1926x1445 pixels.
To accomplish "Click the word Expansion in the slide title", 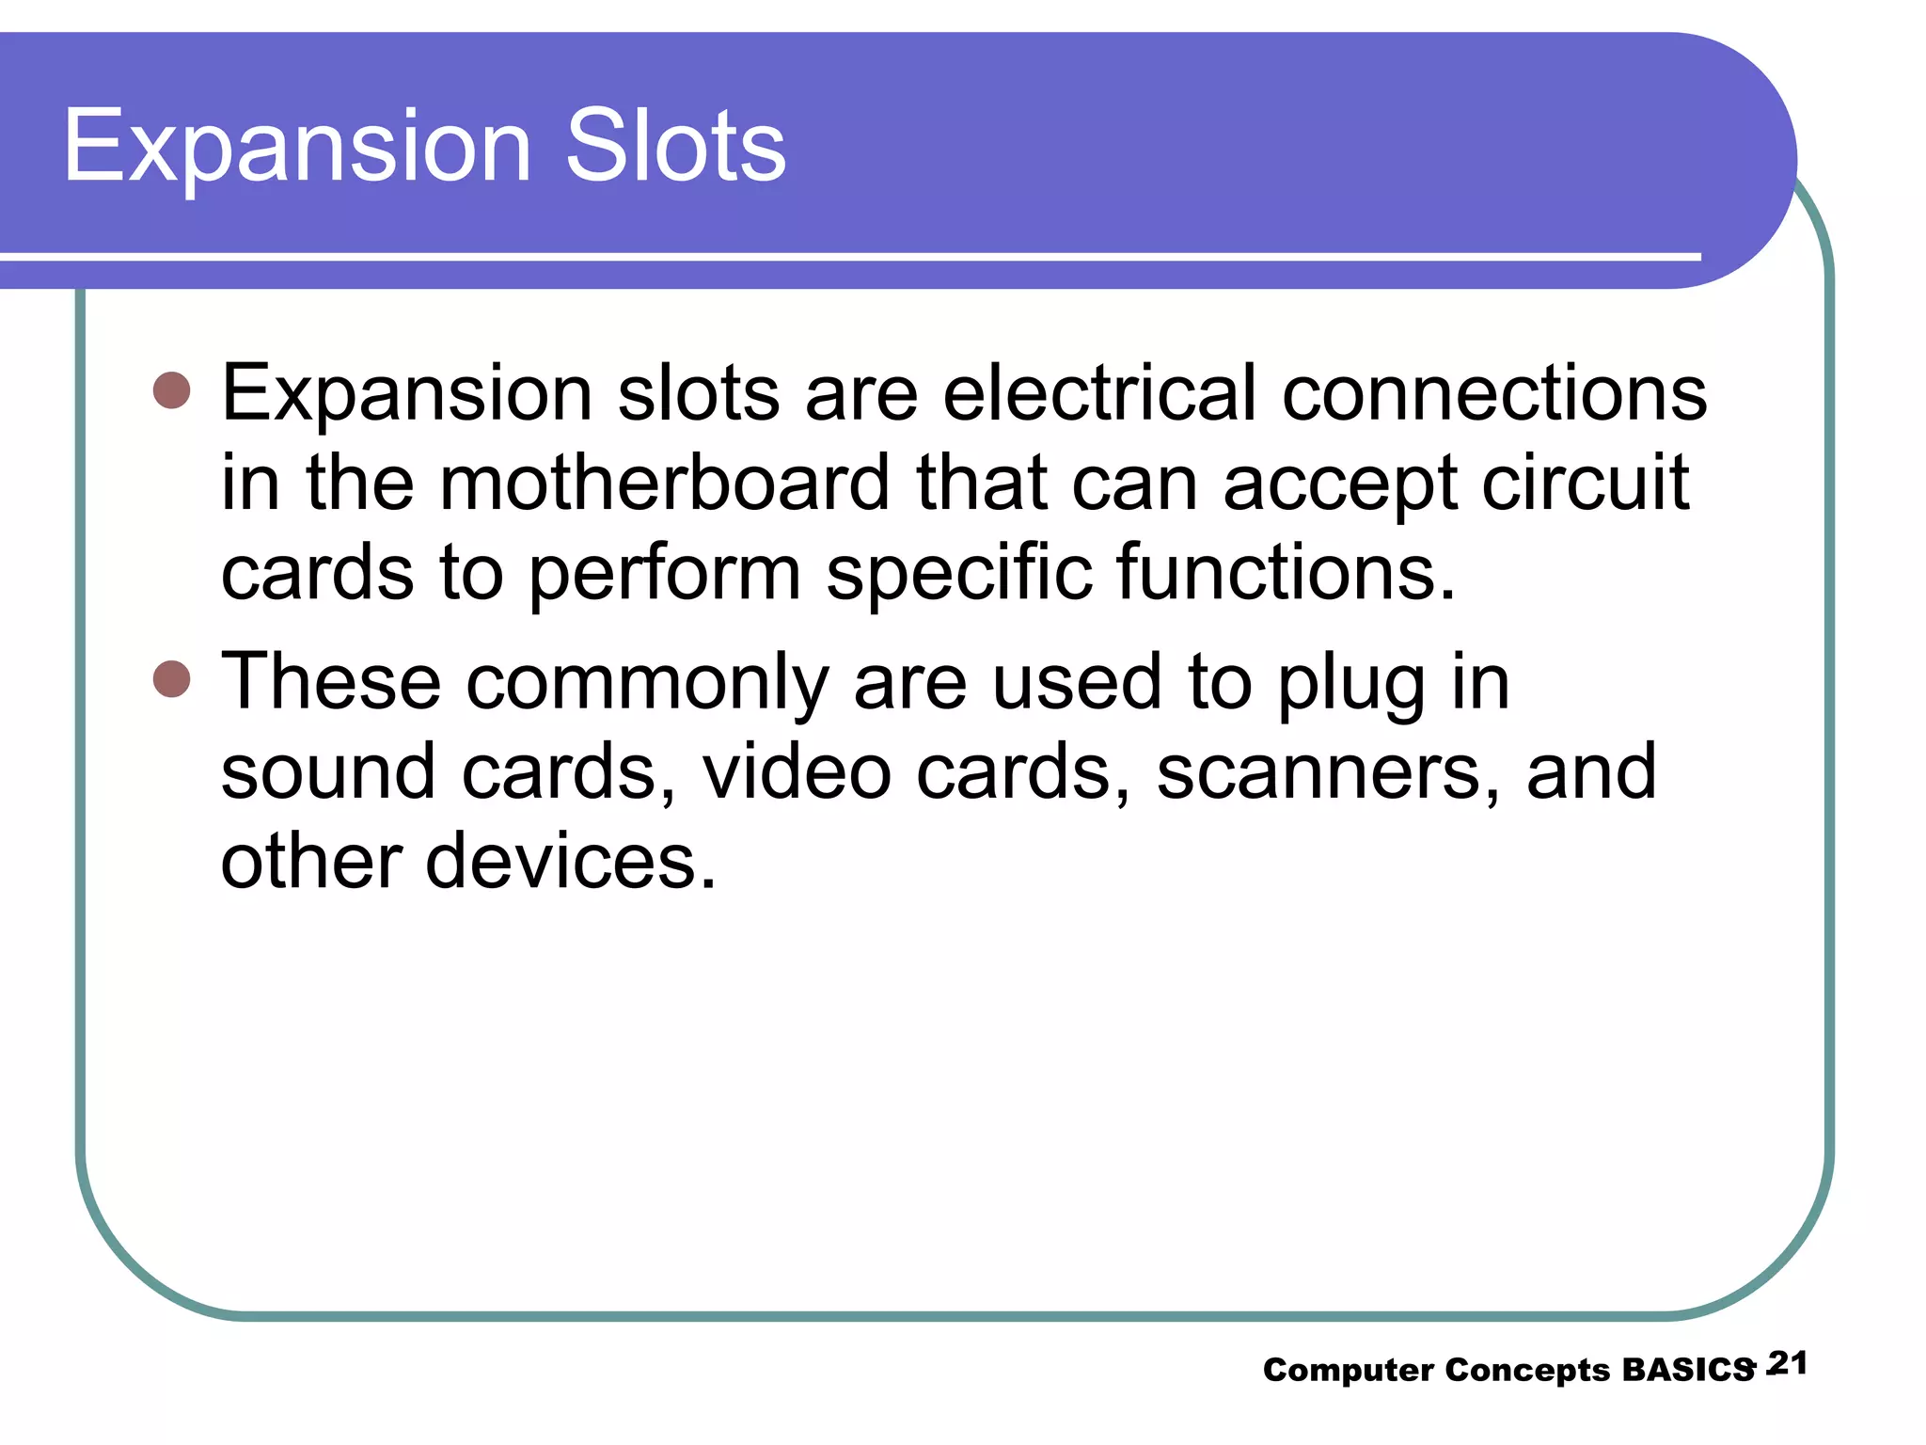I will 297,146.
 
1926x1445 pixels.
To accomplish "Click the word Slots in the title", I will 675,146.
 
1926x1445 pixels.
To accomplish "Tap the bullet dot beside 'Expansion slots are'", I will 171,389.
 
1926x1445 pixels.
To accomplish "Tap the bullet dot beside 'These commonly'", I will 171,678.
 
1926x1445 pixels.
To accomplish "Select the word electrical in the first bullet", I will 1099,392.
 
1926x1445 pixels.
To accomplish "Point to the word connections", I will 1494,392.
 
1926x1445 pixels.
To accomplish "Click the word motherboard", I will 664,483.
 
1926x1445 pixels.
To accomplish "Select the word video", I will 797,771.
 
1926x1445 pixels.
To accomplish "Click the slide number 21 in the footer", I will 1788,1363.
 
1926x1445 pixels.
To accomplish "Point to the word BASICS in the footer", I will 1688,1370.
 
